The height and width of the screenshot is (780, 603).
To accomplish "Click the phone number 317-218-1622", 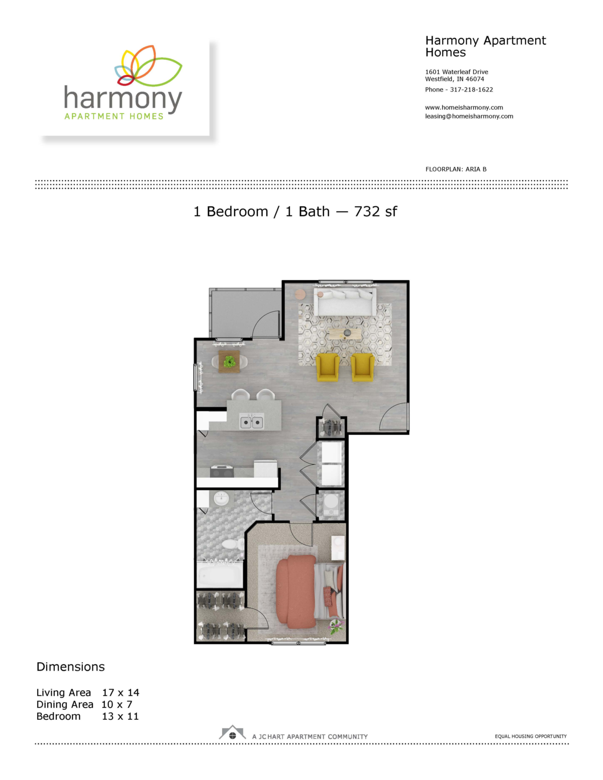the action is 471,90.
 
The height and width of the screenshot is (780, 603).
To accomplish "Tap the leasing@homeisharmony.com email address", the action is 469,117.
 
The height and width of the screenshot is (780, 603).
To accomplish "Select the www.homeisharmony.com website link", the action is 464,107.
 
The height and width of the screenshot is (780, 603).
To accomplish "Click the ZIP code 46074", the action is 475,79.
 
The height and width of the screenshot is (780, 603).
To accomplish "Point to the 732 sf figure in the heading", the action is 375,211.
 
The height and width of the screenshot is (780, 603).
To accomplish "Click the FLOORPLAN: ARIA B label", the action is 456,169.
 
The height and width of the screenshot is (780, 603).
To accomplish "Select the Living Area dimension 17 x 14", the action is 121,693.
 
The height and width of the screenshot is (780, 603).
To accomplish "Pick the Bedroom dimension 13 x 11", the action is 120,716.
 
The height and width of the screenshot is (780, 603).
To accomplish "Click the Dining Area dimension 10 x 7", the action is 117,704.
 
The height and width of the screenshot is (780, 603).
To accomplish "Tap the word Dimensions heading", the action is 71,666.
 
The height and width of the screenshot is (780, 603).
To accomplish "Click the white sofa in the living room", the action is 345,302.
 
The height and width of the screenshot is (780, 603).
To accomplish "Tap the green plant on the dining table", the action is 230,362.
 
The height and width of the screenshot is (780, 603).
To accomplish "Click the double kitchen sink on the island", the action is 251,422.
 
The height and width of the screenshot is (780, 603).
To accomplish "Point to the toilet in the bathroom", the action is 229,544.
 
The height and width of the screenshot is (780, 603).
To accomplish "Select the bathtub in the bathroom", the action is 219,576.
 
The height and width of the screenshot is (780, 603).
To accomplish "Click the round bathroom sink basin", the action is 221,499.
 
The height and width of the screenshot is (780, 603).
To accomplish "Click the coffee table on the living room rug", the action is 345,333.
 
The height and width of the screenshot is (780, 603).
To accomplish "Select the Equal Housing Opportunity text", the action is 531,736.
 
